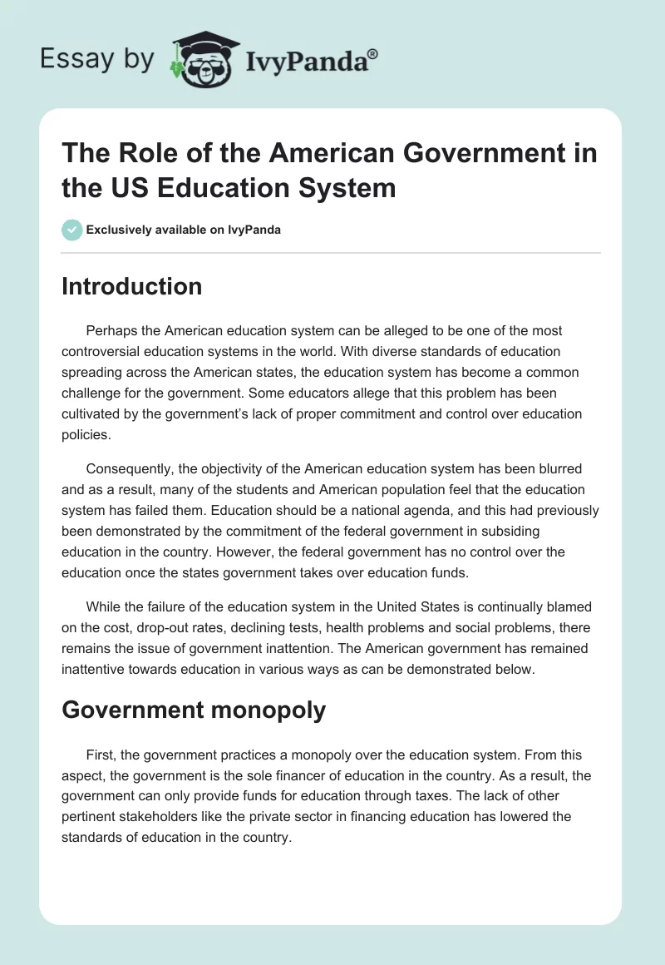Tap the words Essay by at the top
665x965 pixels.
(96, 60)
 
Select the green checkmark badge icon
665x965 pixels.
(71, 230)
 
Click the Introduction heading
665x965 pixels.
(131, 286)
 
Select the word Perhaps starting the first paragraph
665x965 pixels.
(110, 330)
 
